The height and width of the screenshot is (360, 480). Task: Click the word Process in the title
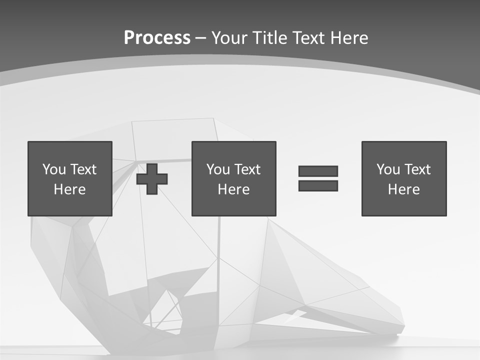coord(157,37)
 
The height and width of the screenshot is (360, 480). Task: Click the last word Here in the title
coord(348,37)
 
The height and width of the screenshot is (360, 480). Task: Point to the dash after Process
coord(200,37)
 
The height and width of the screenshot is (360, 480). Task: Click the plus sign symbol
coord(152,178)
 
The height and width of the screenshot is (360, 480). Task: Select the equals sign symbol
coord(318,178)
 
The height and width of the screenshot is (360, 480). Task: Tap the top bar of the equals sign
coord(318,171)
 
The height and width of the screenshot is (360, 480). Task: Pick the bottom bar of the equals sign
coord(318,185)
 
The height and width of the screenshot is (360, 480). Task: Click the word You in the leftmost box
coord(54,169)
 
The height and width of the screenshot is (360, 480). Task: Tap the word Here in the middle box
coord(233,189)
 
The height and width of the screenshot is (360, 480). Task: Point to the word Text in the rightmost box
coord(417,169)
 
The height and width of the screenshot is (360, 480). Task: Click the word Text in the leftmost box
coord(83,169)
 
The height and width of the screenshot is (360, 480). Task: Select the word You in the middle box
coord(218,169)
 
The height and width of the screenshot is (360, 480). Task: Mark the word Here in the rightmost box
coord(404,189)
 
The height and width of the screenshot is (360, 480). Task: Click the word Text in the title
coord(307,37)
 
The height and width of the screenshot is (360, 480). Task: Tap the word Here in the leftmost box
coord(70,189)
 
